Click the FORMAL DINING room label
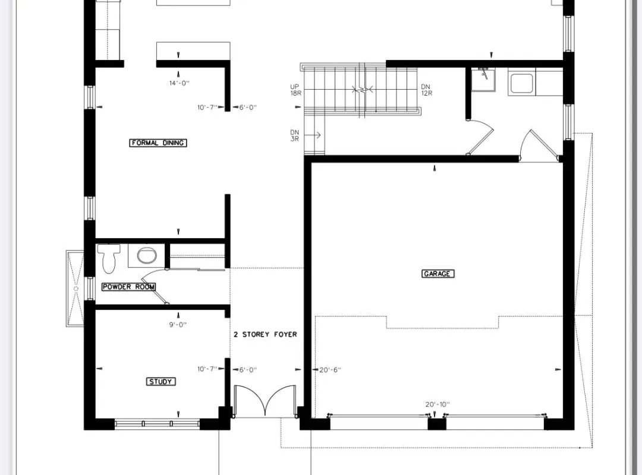pyautogui.click(x=158, y=142)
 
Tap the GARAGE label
pyautogui.click(x=438, y=274)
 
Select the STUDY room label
pyautogui.click(x=160, y=381)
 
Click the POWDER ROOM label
pyautogui.click(x=128, y=287)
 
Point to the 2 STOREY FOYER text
pyautogui.click(x=265, y=334)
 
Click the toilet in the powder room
pyautogui.click(x=109, y=256)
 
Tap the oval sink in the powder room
pyautogui.click(x=146, y=256)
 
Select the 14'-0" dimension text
pyautogui.click(x=179, y=83)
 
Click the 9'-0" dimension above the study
pyautogui.click(x=178, y=324)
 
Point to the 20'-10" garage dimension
pyautogui.click(x=437, y=404)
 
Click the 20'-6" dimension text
pyautogui.click(x=330, y=369)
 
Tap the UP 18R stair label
pyautogui.click(x=295, y=90)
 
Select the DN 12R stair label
pyautogui.click(x=426, y=90)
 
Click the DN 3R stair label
pyautogui.click(x=295, y=135)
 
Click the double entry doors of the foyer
pyautogui.click(x=265, y=401)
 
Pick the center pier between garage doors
pyautogui.click(x=436, y=423)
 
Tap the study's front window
pyautogui.click(x=157, y=423)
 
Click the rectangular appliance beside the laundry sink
pyautogui.click(x=522, y=83)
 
